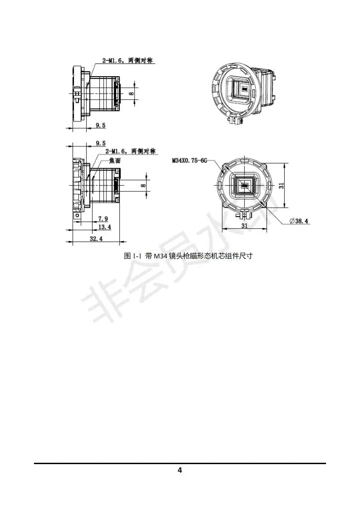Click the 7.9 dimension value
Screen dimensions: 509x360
pos(102,218)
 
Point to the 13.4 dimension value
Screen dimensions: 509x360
pos(105,227)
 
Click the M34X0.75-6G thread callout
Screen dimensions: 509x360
pos(189,160)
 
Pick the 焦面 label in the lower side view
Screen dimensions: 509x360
pos(115,160)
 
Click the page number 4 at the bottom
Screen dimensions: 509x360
pos(180,470)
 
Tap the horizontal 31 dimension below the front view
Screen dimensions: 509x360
pos(244,225)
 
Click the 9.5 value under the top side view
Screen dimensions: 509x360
pos(101,126)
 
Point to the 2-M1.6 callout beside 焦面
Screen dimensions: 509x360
pos(130,151)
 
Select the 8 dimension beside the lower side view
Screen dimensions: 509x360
pos(143,185)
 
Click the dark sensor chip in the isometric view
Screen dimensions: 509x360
pos(243,89)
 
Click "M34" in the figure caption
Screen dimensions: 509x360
pos(161,256)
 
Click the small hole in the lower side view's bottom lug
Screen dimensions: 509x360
pos(77,216)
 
